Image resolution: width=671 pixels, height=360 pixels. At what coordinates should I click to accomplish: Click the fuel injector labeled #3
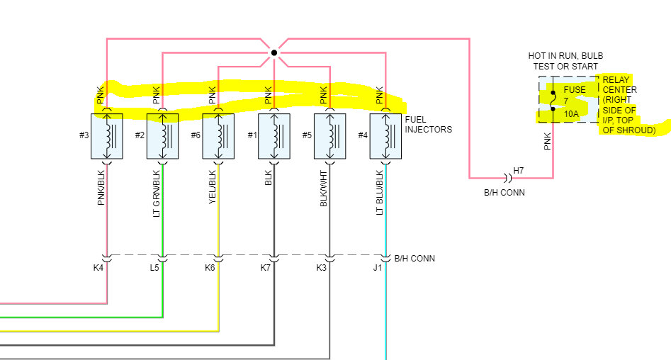pos(107,135)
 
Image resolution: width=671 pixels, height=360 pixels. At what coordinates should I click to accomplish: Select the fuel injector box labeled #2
pos(162,135)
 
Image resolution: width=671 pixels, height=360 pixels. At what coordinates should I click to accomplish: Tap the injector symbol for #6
pos(218,135)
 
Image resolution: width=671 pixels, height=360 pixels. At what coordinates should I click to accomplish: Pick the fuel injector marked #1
pos(274,135)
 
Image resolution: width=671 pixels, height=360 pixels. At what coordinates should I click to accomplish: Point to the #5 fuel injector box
pos(329,135)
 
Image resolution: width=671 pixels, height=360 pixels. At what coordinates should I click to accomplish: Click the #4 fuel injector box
pos(385,135)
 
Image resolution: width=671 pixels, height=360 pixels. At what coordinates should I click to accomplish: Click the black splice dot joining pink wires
pos(274,52)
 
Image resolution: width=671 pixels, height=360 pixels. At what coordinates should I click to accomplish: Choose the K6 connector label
pos(209,268)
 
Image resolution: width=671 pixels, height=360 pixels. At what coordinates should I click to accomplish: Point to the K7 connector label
pos(265,268)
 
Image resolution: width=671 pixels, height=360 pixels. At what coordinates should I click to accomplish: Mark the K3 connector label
pos(320,268)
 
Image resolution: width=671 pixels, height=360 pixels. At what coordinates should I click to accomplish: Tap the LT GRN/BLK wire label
pos(156,192)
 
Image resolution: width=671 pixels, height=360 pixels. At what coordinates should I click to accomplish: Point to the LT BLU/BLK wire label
pos(379,192)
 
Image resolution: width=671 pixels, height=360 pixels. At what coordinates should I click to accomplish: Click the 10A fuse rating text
pos(571,113)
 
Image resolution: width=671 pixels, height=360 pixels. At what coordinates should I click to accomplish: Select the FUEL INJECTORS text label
pos(428,125)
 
